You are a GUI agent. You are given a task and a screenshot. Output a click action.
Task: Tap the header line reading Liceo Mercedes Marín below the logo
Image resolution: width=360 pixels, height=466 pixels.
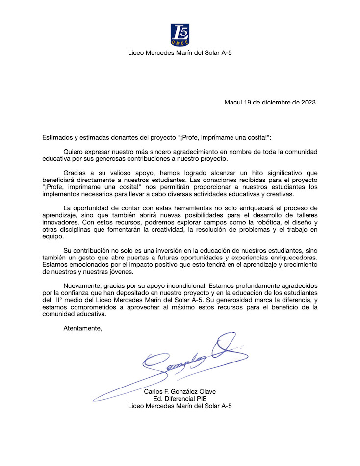(180, 53)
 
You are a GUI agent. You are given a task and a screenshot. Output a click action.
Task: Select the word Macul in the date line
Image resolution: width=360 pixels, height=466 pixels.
(233, 103)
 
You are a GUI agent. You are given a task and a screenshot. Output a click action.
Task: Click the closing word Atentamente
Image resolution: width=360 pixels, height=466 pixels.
(83, 328)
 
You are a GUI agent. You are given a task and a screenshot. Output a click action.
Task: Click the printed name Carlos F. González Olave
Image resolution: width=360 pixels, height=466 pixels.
(180, 391)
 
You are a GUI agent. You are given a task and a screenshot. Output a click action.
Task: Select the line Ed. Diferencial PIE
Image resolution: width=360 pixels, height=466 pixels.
(180, 398)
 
